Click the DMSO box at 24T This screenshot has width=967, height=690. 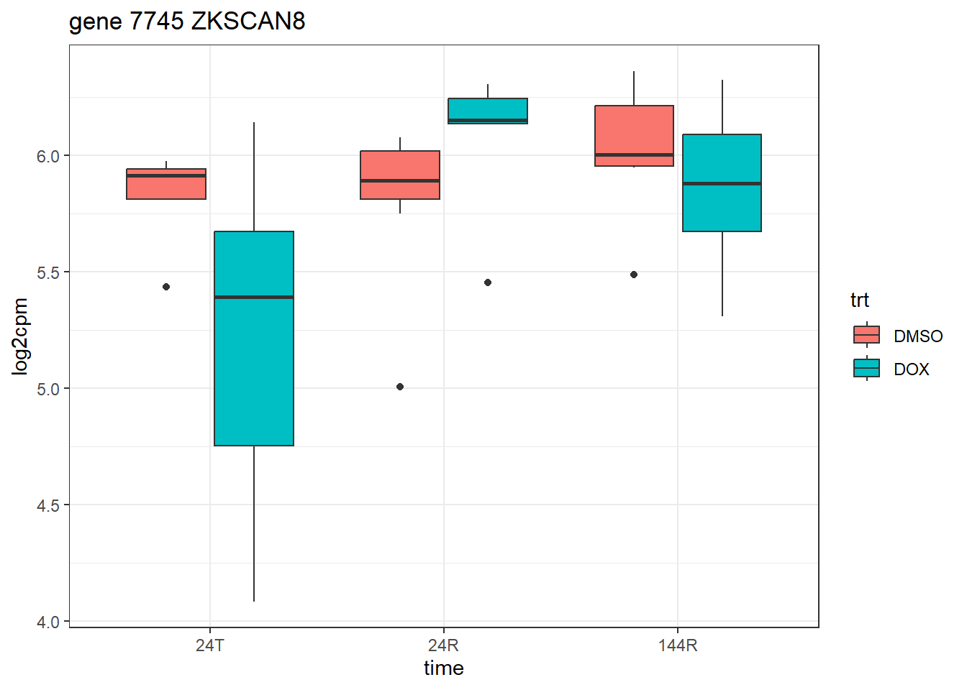[x=166, y=185]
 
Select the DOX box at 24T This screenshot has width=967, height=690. [x=254, y=338]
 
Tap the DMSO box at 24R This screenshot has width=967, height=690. [x=400, y=175]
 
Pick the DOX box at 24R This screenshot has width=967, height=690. [x=488, y=111]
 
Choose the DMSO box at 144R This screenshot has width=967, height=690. [x=634, y=136]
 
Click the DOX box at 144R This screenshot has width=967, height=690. [x=722, y=183]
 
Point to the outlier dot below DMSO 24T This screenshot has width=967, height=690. [x=166, y=287]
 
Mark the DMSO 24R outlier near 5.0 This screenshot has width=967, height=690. [x=400, y=387]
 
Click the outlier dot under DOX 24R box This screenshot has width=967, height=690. [x=488, y=282]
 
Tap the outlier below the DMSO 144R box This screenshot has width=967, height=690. [x=634, y=275]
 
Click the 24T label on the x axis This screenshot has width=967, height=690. [x=210, y=645]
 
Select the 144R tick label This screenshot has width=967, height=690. [x=678, y=645]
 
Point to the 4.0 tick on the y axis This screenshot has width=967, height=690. [x=50, y=622]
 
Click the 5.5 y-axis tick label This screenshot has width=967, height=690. [x=50, y=272]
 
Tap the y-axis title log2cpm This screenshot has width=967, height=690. [x=20, y=336]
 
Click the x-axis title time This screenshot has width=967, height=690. [x=443, y=668]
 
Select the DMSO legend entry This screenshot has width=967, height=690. [x=917, y=336]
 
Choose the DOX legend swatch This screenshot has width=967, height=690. [x=866, y=369]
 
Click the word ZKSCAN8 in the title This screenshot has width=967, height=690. [x=248, y=22]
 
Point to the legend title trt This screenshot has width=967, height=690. [x=859, y=300]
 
